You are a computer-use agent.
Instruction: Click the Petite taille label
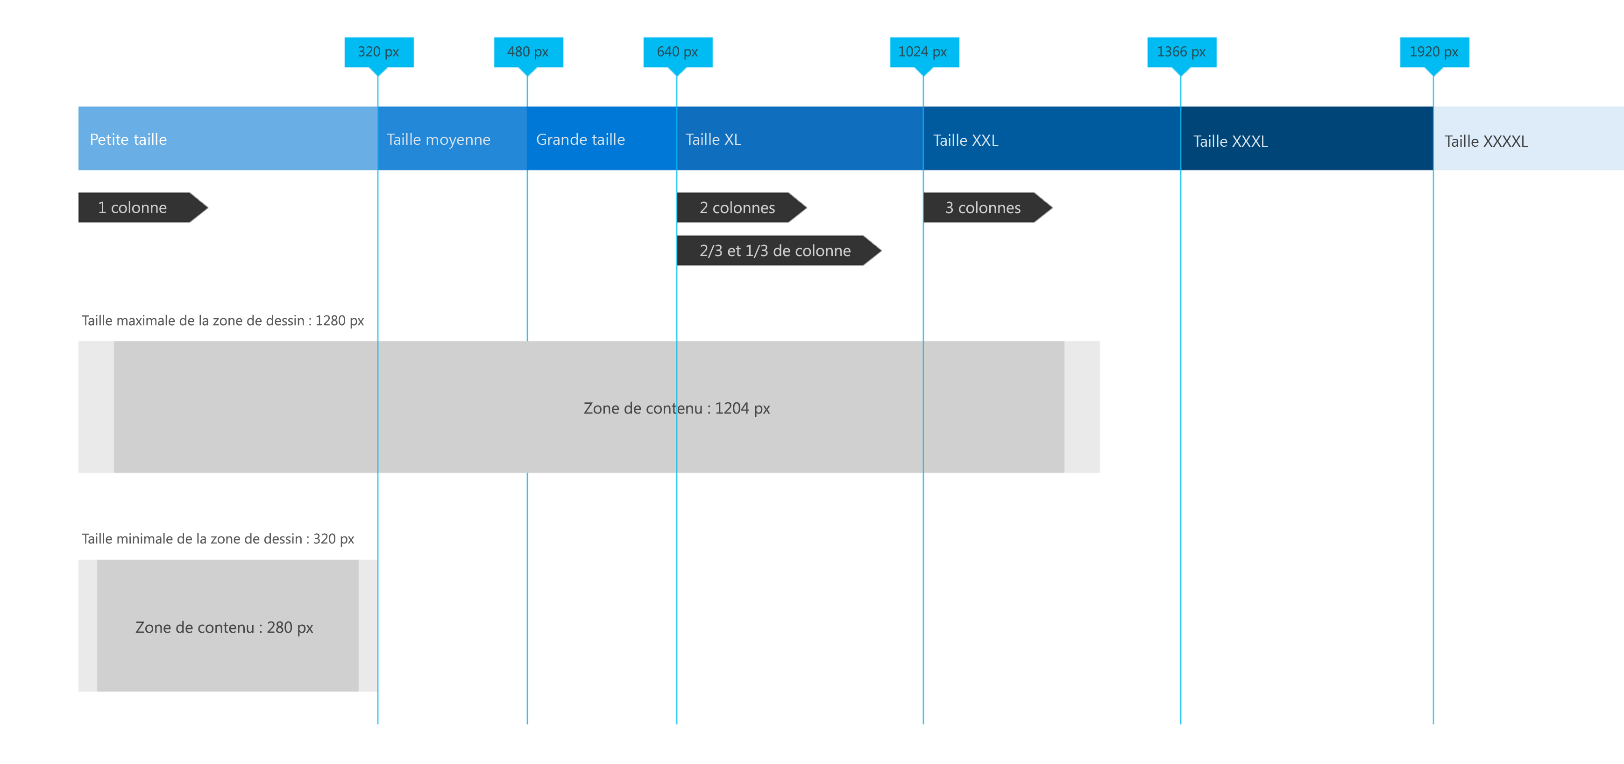pos(128,139)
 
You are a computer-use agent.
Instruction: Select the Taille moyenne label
pos(438,139)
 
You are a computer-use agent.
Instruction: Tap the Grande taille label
pos(580,139)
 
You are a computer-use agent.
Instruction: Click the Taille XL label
pos(713,139)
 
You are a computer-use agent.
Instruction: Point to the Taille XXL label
pos(965,140)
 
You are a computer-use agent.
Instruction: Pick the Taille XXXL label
pos(1230,141)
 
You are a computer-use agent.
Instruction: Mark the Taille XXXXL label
pos(1485,141)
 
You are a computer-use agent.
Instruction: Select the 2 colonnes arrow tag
pos(737,207)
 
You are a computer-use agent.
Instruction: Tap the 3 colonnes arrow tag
pos(982,207)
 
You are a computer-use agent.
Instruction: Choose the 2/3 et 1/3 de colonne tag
pos(775,250)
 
